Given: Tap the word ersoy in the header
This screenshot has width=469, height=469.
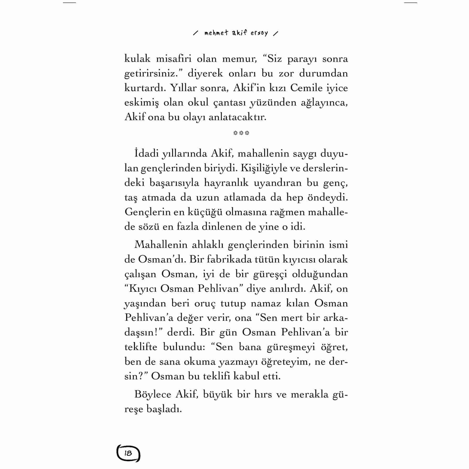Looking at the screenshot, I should click(x=259, y=33).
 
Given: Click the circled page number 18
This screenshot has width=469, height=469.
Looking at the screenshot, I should click(x=128, y=453).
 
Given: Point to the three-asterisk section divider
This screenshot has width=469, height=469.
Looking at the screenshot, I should click(x=241, y=133).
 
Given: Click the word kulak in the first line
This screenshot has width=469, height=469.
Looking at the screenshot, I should click(x=137, y=59).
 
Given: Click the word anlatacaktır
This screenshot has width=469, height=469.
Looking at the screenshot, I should click(x=237, y=117).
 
